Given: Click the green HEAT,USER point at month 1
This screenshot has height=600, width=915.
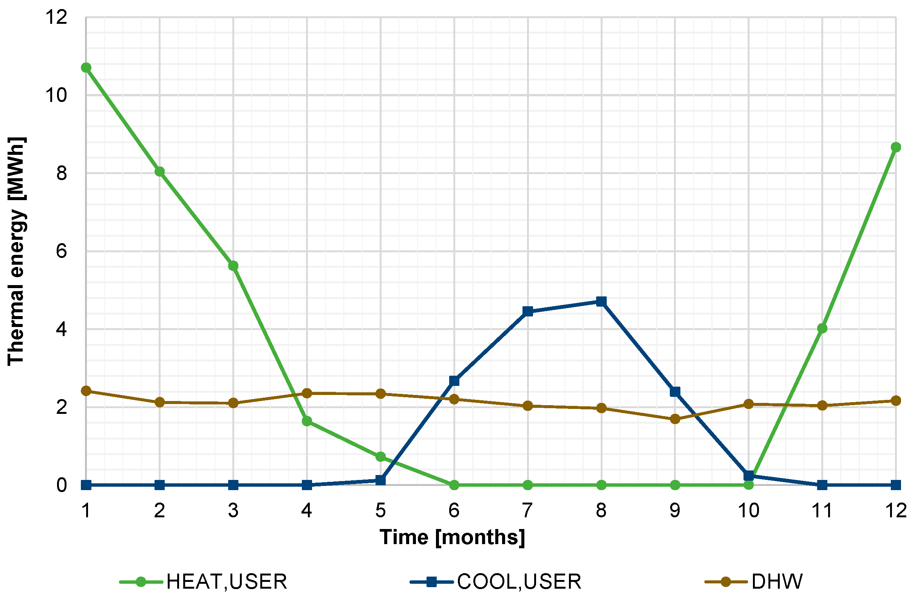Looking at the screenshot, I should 86,68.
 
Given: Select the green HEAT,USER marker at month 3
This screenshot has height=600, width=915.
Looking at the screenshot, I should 233,266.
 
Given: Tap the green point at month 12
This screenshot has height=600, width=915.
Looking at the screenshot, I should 896,147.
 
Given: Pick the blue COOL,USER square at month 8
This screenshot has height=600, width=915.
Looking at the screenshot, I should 601,301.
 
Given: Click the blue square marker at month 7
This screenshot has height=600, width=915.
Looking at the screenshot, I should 528,312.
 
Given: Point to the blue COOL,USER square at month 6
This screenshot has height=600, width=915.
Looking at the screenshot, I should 454,381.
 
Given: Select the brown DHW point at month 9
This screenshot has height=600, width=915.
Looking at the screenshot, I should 675,419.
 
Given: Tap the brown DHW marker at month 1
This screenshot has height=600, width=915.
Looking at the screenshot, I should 86,391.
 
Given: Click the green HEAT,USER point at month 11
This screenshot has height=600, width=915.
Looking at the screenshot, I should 822,328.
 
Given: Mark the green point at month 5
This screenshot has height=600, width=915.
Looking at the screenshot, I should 380,457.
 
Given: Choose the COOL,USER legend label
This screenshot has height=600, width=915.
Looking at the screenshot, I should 519,581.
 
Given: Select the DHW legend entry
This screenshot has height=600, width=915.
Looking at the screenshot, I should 777,581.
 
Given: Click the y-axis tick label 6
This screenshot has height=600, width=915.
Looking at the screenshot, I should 62,251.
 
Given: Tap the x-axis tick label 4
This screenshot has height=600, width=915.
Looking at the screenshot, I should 307,511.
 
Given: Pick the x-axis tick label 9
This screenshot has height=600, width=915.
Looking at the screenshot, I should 675,511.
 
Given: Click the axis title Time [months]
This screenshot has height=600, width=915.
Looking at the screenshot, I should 452,537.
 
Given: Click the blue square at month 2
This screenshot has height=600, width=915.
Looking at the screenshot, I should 159,485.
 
